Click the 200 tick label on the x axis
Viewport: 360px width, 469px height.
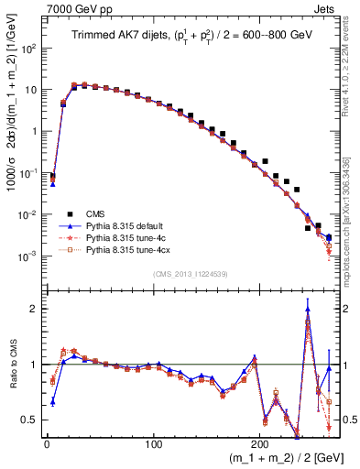(262, 443)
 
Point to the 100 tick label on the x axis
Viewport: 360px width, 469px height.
(154, 443)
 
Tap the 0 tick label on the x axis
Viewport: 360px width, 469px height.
(47, 443)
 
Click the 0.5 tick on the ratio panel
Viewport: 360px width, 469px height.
(30, 420)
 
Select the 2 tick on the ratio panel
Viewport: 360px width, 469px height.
(35, 309)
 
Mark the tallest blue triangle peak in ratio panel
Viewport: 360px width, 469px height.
(308, 309)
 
